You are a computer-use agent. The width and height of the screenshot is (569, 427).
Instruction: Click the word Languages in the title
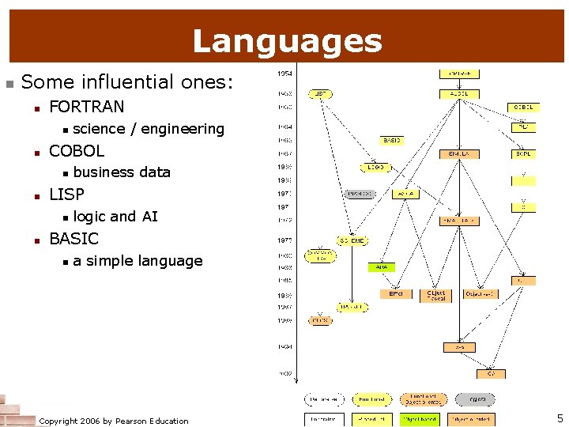coord(287,41)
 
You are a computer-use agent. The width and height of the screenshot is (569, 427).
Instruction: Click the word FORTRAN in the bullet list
coord(87,106)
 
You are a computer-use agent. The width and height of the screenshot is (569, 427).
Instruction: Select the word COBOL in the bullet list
coord(77,150)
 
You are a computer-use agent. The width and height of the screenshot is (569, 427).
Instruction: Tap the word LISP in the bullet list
coord(66,194)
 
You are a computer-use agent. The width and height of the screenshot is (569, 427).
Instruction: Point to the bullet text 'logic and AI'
coord(115,216)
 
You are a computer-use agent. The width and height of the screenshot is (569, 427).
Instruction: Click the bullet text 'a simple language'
coord(138,260)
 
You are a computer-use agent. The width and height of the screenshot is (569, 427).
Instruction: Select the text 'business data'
coord(122,172)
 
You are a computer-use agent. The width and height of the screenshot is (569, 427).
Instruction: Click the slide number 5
coord(560,418)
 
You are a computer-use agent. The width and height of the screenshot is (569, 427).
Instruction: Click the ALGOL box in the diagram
coord(459,93)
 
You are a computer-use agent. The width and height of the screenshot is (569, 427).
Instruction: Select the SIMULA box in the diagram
coord(459,154)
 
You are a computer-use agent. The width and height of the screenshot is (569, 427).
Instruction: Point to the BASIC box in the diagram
coord(392,140)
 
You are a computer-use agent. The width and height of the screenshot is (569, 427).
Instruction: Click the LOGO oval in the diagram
coord(375,167)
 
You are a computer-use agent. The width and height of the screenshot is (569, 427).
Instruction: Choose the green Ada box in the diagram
coord(382,267)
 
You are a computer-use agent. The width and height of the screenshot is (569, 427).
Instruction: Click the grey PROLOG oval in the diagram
coord(360,194)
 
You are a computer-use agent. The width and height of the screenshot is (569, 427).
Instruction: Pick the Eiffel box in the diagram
coord(396,293)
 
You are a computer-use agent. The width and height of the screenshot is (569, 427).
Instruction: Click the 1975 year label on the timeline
coord(284,240)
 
